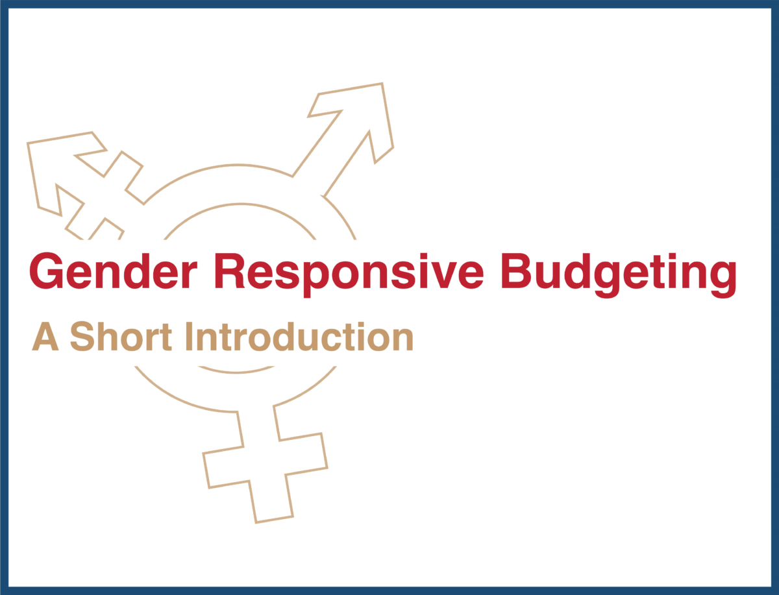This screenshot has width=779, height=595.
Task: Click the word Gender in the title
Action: click(x=113, y=271)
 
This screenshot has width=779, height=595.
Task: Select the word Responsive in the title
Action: click(x=349, y=275)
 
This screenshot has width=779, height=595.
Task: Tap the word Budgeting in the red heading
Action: click(x=619, y=275)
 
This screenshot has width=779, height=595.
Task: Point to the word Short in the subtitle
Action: click(x=121, y=336)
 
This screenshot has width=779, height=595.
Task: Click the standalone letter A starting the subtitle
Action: click(x=45, y=336)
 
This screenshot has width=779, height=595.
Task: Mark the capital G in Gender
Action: click(x=46, y=271)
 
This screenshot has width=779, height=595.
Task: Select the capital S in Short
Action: click(x=83, y=336)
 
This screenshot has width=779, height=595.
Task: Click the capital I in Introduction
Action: click(x=189, y=336)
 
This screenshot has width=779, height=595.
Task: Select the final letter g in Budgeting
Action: click(x=723, y=280)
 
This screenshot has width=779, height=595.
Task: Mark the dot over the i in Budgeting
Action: click(x=671, y=256)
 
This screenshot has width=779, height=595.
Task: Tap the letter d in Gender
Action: click(x=139, y=271)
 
